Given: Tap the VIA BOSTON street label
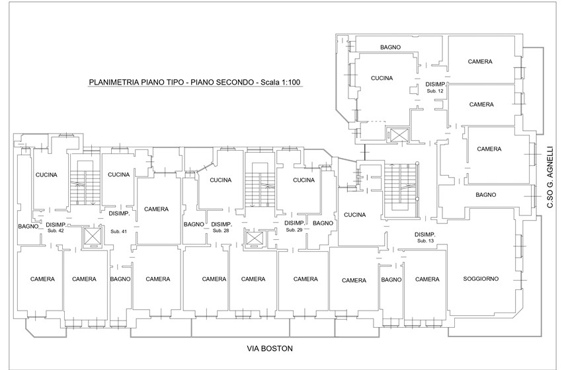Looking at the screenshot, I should click(x=269, y=348).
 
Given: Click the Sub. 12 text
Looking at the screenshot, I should click(x=435, y=91).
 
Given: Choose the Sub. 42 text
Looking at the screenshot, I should click(x=56, y=231).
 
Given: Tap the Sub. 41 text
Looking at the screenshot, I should click(x=119, y=231).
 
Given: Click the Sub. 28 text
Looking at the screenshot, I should click(x=221, y=231).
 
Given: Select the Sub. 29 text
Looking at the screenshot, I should click(x=294, y=231).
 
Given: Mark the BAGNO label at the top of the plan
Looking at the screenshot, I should click(x=391, y=48).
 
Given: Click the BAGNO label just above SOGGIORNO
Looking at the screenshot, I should click(x=485, y=195).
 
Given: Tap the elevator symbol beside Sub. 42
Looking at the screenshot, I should click(x=88, y=236).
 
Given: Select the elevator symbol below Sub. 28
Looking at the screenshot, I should click(x=254, y=239).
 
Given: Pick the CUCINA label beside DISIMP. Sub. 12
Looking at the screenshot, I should click(x=382, y=78).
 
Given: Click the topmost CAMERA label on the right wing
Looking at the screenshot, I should click(x=480, y=61).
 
